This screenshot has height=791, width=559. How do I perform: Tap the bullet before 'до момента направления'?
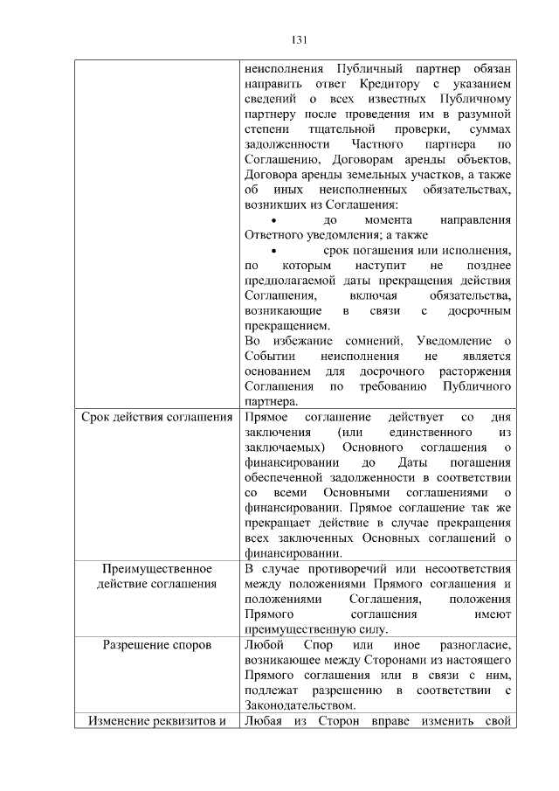pyautogui.click(x=275, y=220)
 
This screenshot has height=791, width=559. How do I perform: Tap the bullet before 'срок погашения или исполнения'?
pyautogui.click(x=275, y=251)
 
